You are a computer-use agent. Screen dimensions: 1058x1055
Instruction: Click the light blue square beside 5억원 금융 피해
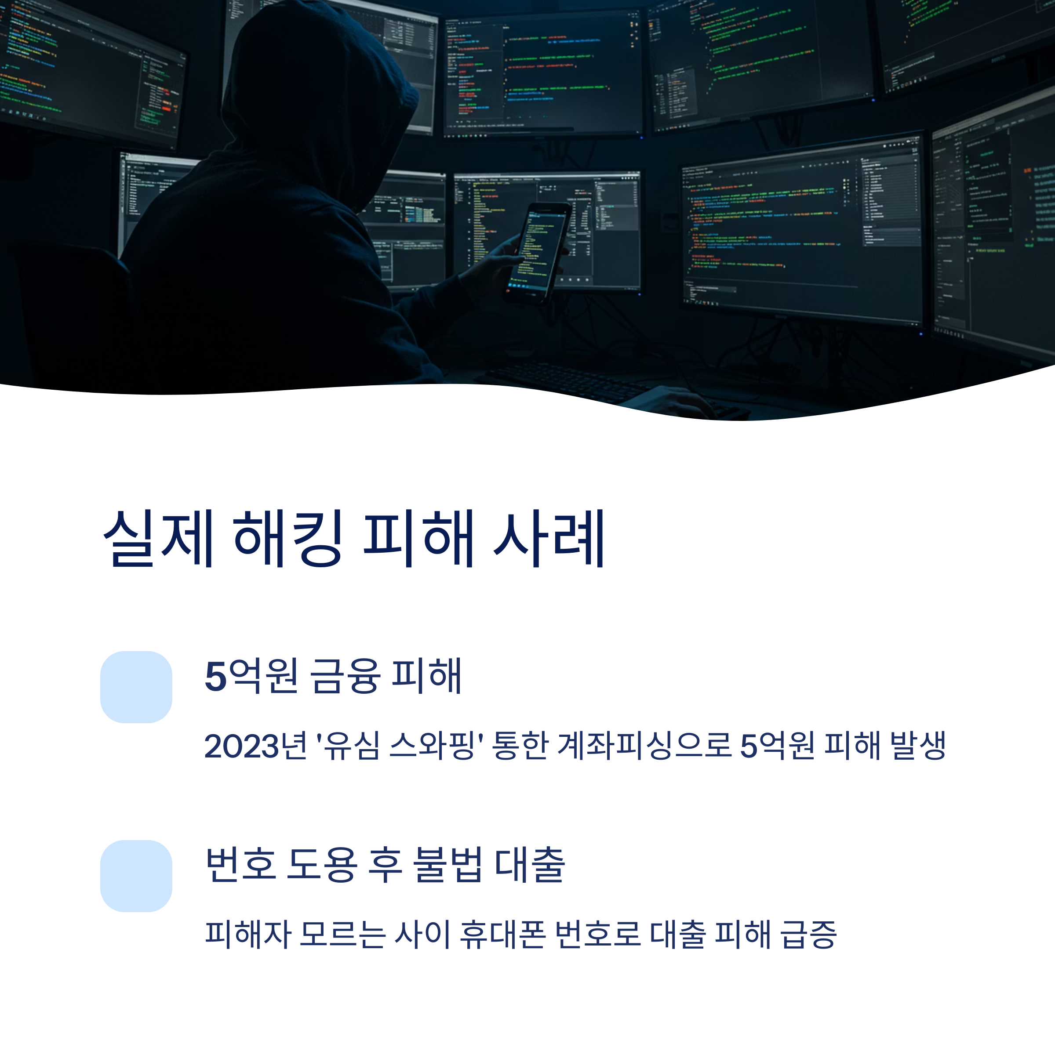[x=136, y=687]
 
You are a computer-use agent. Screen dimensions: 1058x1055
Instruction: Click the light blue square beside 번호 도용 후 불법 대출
[x=136, y=876]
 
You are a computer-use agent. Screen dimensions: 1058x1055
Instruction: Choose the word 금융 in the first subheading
[x=345, y=676]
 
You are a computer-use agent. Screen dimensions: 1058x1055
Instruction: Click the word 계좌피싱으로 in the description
[x=644, y=746]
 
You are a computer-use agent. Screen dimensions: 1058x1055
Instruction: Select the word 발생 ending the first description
[x=918, y=746]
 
